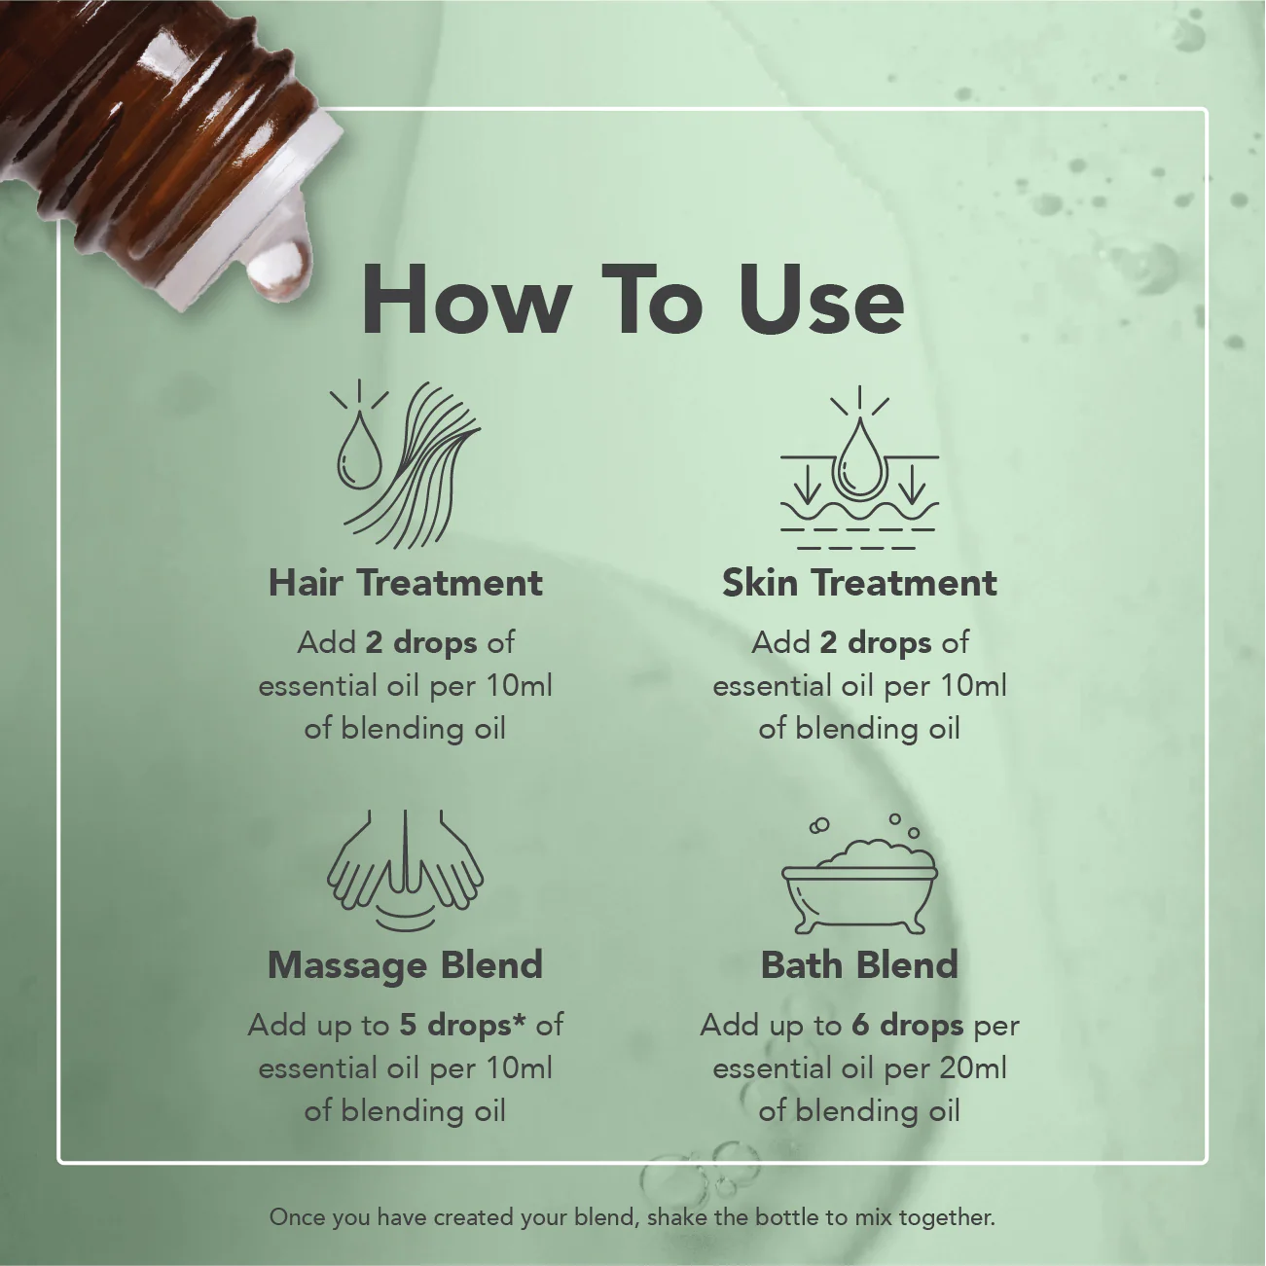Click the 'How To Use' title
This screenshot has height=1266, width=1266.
tap(632, 301)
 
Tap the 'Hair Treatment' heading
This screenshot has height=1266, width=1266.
tap(406, 583)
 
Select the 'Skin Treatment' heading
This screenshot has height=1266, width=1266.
tap(859, 583)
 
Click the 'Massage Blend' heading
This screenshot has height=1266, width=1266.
tap(406, 965)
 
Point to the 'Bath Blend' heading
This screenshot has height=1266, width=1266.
tap(859, 965)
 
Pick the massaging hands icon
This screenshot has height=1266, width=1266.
tap(406, 871)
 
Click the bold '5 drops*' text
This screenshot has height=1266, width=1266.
tap(462, 1026)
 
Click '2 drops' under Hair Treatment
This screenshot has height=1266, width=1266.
tap(421, 643)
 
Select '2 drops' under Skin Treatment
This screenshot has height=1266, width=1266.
tap(876, 643)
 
